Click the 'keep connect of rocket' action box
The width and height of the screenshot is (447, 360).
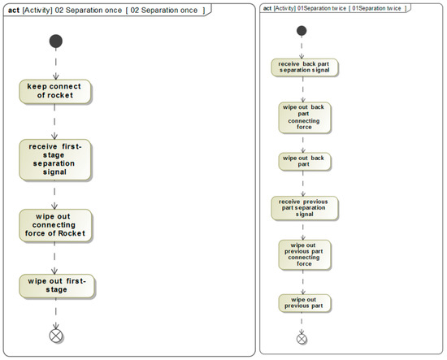coord(55,91)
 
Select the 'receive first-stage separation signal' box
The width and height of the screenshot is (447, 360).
coord(55,158)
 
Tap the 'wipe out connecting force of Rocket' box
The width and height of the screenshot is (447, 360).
coord(55,227)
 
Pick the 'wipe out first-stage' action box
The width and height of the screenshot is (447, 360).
coord(55,284)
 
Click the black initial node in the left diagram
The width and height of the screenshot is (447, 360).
coord(55,40)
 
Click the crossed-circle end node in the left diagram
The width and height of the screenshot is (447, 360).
coord(55,335)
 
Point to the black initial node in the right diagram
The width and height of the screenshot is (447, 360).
coord(302,31)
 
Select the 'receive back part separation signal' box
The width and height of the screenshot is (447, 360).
coord(302,67)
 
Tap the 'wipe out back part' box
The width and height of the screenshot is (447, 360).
coord(302,161)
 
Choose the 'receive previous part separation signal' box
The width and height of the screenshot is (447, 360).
coord(302,208)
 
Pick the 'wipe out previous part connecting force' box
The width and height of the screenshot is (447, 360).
coord(302,254)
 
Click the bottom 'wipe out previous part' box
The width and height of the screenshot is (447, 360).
coord(302,302)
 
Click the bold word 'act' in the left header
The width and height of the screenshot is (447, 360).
coord(13,9)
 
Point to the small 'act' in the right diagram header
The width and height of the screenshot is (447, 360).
coord(268,8)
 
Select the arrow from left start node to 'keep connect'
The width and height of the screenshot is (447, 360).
coord(55,63)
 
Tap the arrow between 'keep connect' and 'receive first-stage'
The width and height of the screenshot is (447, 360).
coord(55,120)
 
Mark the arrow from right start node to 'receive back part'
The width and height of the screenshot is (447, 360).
coord(302,46)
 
